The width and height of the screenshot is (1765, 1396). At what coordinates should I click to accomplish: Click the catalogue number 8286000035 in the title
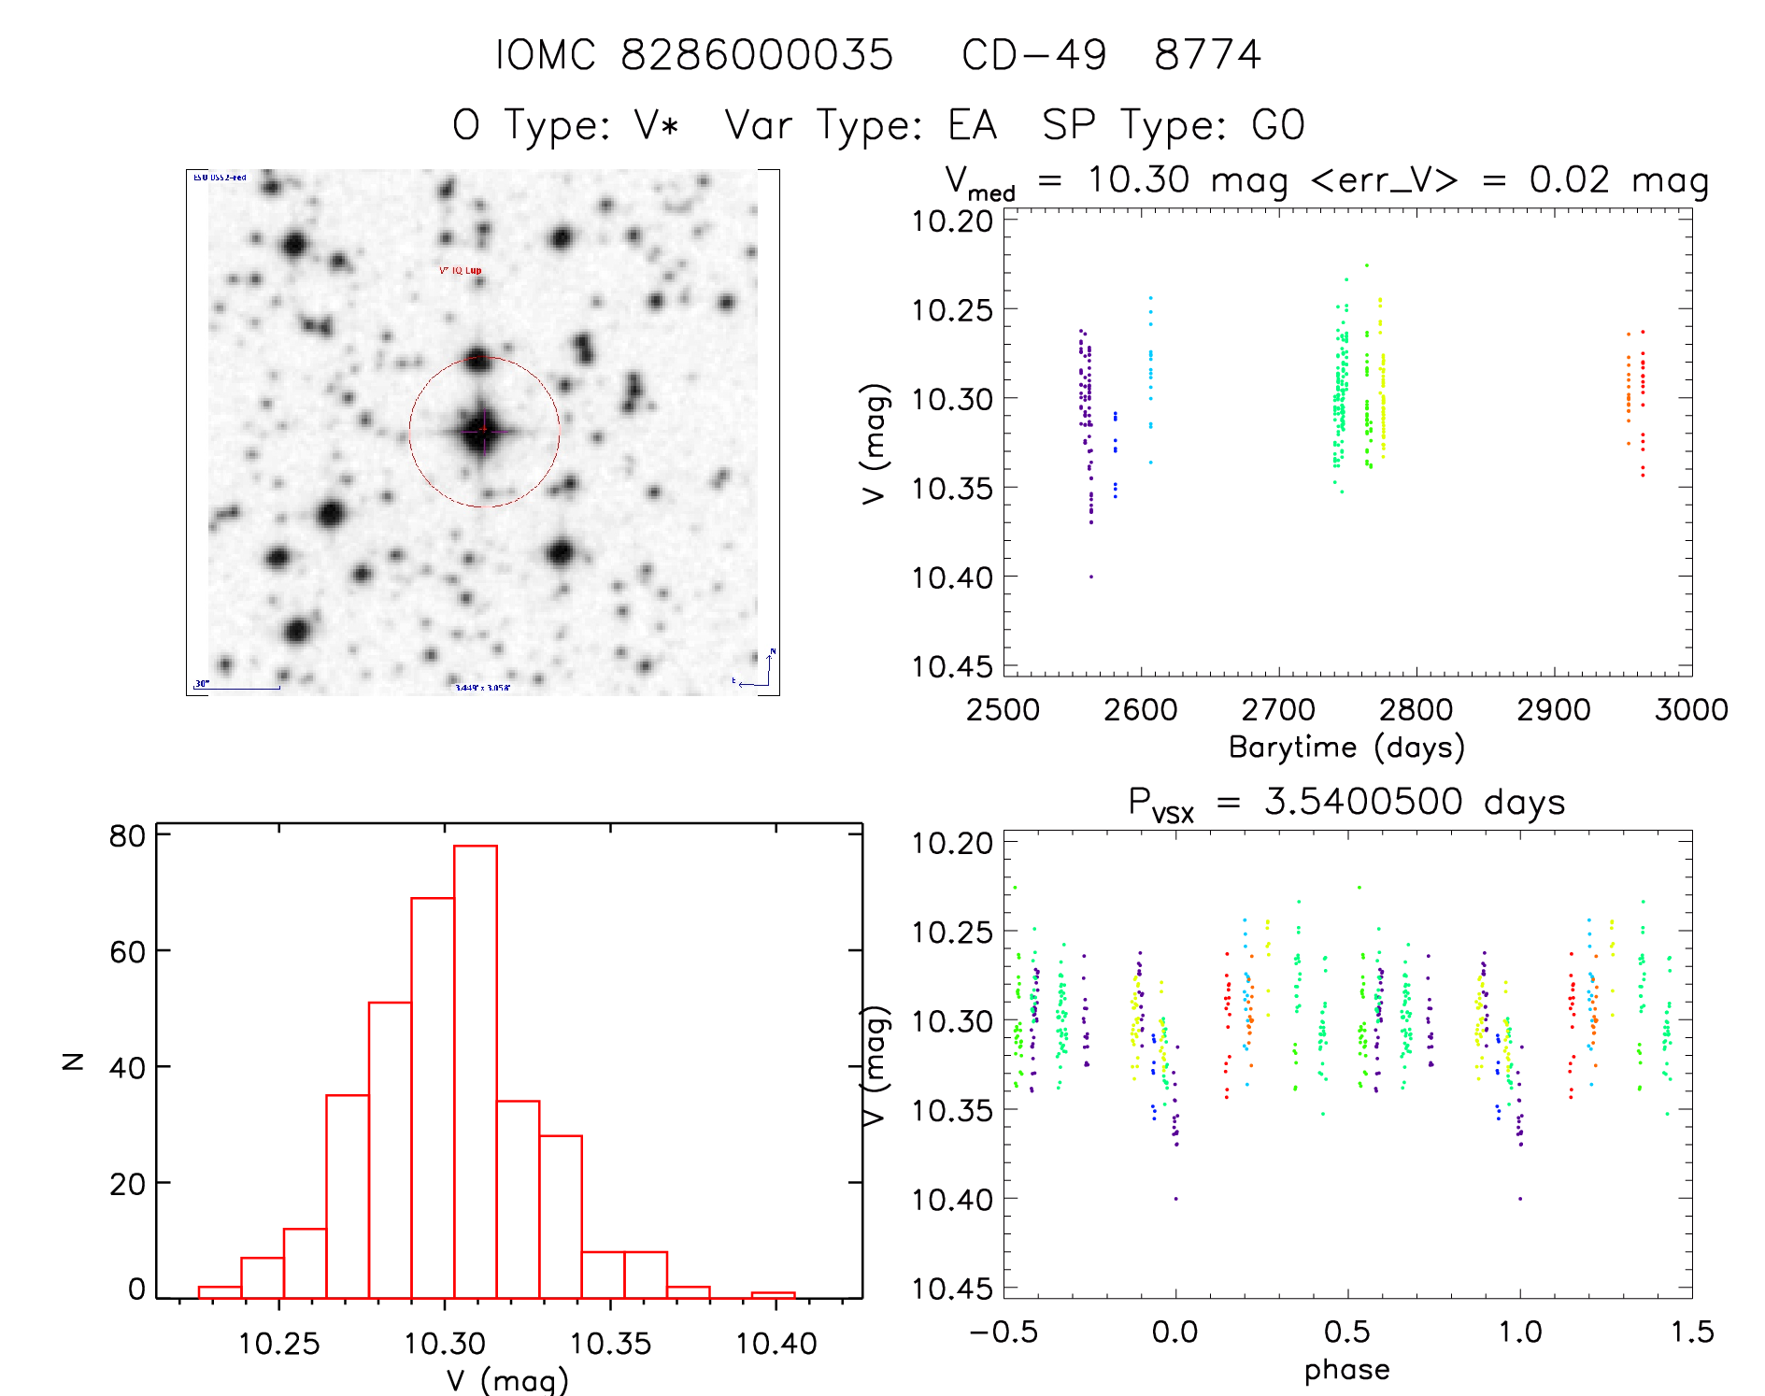(757, 55)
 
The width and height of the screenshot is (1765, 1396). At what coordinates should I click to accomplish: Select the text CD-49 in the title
(1034, 55)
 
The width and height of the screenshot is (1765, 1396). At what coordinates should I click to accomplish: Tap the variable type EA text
(973, 125)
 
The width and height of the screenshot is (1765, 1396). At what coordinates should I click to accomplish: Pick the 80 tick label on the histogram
(127, 836)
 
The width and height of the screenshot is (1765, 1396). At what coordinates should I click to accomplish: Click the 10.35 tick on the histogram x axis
(610, 1344)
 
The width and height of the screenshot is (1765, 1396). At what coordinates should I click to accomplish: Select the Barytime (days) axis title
(1346, 748)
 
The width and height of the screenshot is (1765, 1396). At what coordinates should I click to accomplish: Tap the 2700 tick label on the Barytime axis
(1278, 710)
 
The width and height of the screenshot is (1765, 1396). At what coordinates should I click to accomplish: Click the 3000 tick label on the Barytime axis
(1691, 710)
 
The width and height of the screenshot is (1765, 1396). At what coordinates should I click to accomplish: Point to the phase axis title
(1346, 1370)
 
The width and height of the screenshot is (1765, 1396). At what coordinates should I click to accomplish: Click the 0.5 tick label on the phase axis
(1347, 1332)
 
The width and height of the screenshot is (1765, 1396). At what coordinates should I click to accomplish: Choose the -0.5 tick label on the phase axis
(1003, 1332)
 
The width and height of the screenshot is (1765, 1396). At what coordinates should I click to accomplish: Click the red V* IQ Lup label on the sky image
(461, 271)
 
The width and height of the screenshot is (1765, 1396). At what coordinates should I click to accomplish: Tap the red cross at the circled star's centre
(484, 429)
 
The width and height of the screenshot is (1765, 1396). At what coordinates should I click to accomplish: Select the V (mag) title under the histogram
(507, 1380)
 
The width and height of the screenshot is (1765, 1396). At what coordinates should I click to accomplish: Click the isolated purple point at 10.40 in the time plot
(1090, 577)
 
